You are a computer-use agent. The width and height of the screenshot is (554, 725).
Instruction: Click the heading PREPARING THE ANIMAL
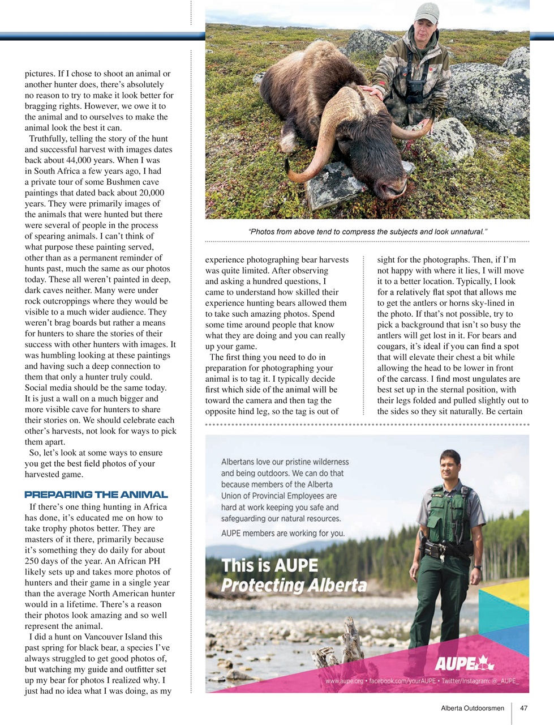tap(96, 494)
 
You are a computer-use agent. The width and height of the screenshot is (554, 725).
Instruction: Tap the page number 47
tap(523, 708)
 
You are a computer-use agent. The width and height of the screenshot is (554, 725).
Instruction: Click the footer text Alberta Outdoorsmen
tap(472, 708)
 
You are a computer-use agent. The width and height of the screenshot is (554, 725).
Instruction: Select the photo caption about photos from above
tap(367, 232)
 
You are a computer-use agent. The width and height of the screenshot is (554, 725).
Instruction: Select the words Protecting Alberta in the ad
tap(293, 585)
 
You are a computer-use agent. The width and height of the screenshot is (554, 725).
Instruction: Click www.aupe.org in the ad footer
tap(344, 680)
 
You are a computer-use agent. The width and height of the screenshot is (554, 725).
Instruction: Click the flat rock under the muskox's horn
tap(329, 185)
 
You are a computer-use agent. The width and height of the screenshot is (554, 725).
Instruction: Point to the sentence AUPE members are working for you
tap(282, 533)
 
